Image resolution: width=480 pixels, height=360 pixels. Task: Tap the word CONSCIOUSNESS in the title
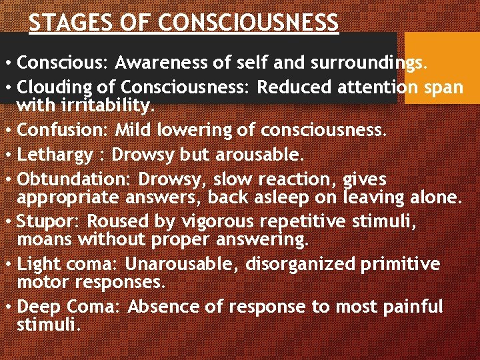249,23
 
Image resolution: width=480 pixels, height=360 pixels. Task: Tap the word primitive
400,264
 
